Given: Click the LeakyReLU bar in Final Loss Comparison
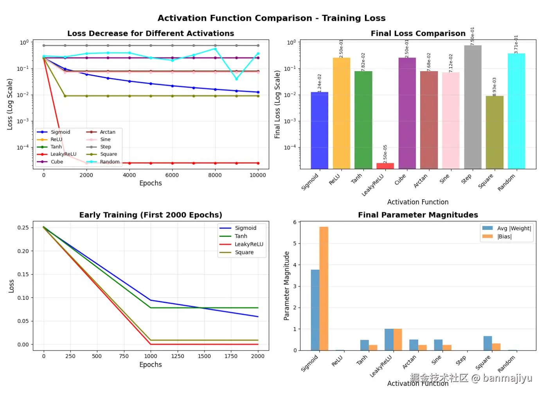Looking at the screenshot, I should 385,166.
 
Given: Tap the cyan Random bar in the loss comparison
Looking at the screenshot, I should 516,111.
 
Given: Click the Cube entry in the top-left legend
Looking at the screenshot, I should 57,162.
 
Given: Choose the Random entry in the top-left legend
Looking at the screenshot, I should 110,162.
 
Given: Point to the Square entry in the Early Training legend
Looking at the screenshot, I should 244,253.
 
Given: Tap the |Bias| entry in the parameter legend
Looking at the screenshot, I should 504,236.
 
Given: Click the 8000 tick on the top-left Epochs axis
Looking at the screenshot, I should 215,175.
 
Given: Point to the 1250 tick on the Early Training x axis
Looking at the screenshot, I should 177,356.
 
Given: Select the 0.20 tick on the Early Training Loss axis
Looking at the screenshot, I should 23,251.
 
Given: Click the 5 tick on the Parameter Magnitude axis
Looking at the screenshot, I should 295,244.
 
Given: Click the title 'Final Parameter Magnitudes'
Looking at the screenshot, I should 418,215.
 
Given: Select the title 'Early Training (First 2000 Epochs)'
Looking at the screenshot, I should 151,215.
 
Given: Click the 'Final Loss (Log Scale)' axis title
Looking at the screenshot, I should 277,104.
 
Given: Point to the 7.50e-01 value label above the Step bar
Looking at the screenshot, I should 472,36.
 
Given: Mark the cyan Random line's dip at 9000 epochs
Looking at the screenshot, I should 236,79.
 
